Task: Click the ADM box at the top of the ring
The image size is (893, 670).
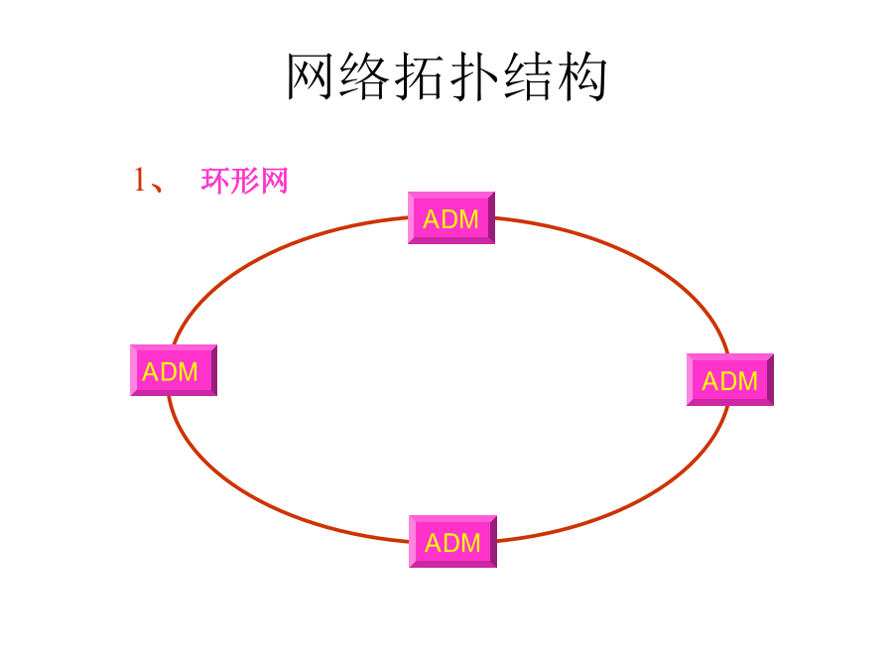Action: pyautogui.click(x=451, y=218)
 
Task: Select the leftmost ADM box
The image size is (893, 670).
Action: pyautogui.click(x=173, y=371)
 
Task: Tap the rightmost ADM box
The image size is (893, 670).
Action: pyautogui.click(x=730, y=380)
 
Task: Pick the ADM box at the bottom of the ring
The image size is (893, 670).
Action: pyautogui.click(x=452, y=542)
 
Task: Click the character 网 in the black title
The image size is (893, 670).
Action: pyautogui.click(x=312, y=77)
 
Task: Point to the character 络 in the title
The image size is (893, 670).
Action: pyautogui.click(x=366, y=77)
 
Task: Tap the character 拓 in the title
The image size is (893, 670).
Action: pyautogui.click(x=421, y=77)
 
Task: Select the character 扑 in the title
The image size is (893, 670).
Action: pyautogui.click(x=473, y=77)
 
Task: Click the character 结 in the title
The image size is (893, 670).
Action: pyautogui.click(x=528, y=77)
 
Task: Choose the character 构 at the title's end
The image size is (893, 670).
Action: pyautogui.click(x=582, y=77)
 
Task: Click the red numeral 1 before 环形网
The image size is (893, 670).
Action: pyautogui.click(x=140, y=181)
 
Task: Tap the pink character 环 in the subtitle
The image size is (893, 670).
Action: pyautogui.click(x=215, y=182)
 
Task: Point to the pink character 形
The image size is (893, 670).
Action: pyautogui.click(x=245, y=182)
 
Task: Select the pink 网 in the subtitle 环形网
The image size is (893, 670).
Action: pyautogui.click(x=274, y=182)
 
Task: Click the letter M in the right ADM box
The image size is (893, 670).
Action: pyautogui.click(x=747, y=381)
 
